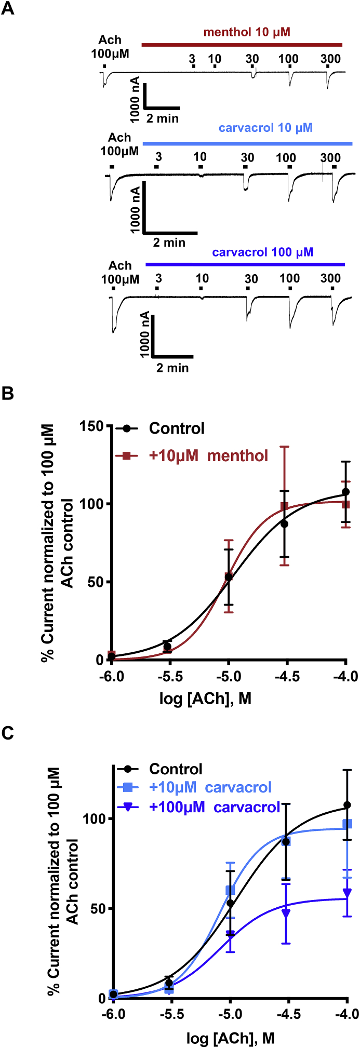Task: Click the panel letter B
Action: pos(8,393)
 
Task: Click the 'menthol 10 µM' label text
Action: pos(247,32)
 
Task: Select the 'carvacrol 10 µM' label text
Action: pos(265,128)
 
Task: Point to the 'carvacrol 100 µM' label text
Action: pos(262,252)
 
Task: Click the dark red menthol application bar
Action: pos(242,45)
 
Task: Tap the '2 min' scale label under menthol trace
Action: pos(162,118)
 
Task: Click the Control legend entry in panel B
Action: pos(177,428)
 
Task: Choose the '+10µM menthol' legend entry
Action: pos(208,456)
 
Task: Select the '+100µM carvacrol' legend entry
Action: pos(215,807)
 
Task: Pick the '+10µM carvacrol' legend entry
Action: pos(210,787)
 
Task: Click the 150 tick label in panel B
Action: pos(92,426)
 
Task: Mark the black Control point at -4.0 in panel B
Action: pos(345,492)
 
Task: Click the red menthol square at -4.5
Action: pos(284,506)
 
